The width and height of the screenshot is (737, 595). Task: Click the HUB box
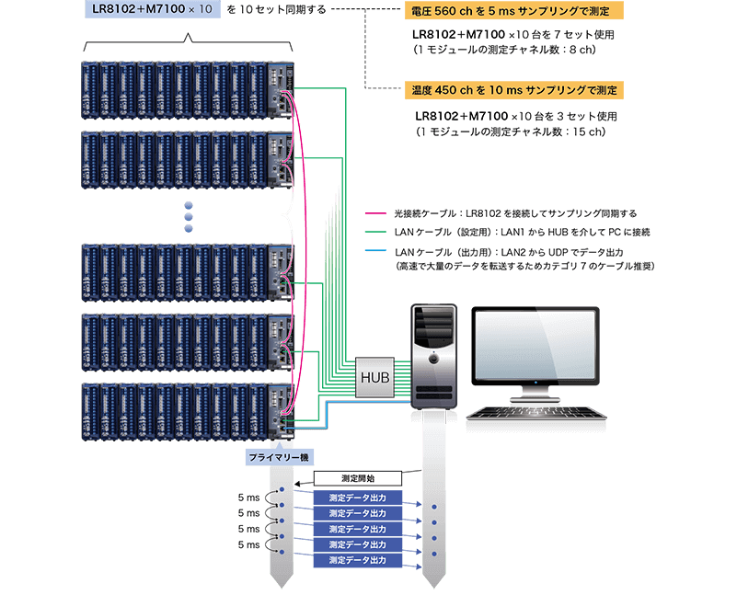pyautogui.click(x=374, y=376)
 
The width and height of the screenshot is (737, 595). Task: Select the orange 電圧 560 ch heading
pyautogui.click(x=513, y=12)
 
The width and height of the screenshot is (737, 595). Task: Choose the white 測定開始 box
pyautogui.click(x=357, y=479)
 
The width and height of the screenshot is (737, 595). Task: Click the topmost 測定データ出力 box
pyautogui.click(x=357, y=497)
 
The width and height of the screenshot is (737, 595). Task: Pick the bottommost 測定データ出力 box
pyautogui.click(x=357, y=559)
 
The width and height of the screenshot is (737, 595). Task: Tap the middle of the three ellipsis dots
pyautogui.click(x=190, y=216)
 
